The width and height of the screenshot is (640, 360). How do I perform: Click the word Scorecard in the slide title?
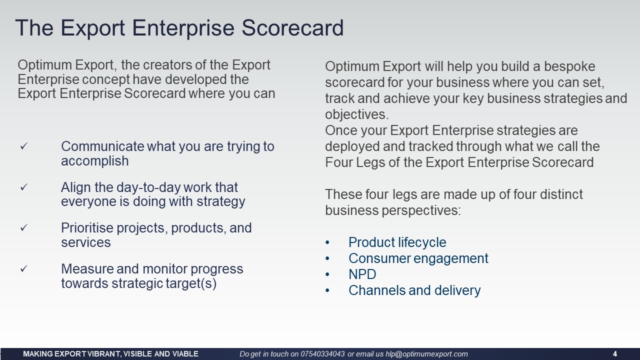tap(292, 27)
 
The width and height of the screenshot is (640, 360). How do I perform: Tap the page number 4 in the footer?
tap(615, 354)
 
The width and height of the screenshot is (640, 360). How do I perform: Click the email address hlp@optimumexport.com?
tap(426, 354)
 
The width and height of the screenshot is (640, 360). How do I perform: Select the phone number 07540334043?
tap(322, 354)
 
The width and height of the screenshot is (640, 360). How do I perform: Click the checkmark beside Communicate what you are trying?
tap(23, 146)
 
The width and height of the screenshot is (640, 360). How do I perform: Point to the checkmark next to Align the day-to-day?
tap(23, 187)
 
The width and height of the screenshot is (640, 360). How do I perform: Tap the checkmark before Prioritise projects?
tap(23, 227)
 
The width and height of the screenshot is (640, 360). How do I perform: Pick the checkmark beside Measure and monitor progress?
tap(23, 268)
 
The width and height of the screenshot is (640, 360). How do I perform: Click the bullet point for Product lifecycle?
tap(327, 242)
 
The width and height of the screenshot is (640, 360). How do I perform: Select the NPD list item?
tap(362, 274)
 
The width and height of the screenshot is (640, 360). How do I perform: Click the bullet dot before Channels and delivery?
tap(327, 290)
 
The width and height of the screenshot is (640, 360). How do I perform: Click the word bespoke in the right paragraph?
tap(569, 66)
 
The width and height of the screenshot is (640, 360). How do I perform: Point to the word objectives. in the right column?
tap(357, 114)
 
